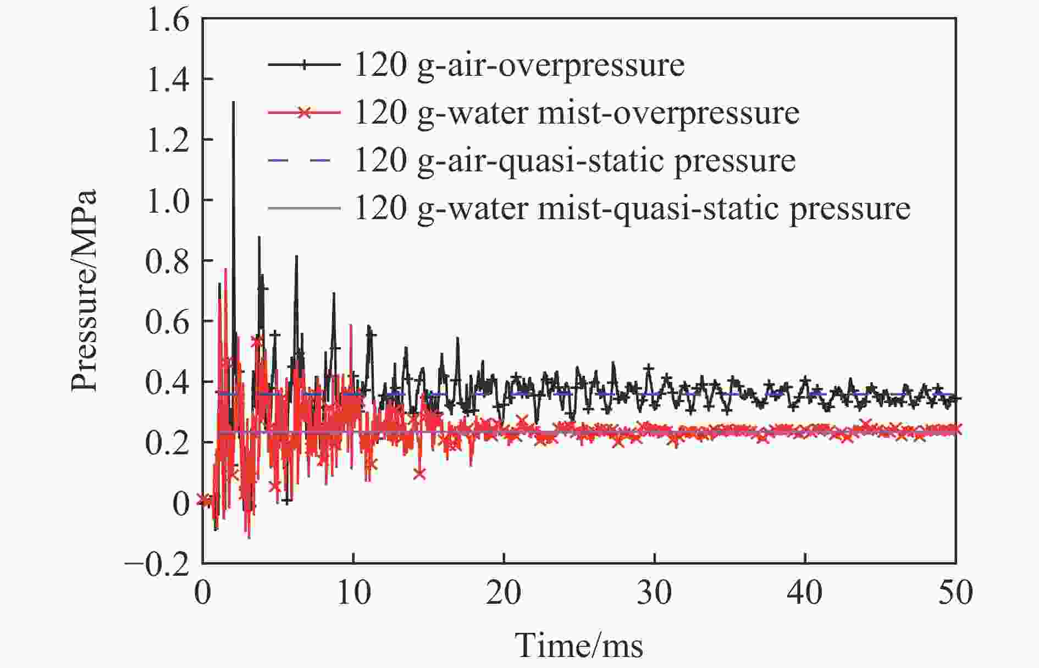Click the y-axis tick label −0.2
(x=158, y=564)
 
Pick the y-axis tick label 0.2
(x=167, y=443)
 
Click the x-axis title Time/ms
(x=579, y=645)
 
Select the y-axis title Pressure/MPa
(x=84, y=291)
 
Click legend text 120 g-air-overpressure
(x=519, y=65)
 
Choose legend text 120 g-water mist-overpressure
(x=577, y=113)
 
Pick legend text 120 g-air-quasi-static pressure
(x=575, y=161)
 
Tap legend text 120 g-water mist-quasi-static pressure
(x=632, y=208)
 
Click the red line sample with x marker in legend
(x=303, y=113)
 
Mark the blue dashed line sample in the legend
(x=303, y=160)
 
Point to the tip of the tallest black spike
(x=233, y=102)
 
